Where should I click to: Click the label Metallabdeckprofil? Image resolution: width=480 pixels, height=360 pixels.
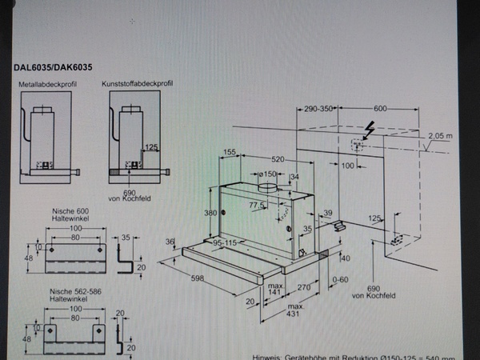46,83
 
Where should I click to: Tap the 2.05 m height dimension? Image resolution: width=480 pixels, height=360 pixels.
440,136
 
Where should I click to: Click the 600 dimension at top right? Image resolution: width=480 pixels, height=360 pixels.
379,109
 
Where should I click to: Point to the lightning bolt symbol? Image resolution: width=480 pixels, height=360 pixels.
370,128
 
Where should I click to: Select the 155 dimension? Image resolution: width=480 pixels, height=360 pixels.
230,152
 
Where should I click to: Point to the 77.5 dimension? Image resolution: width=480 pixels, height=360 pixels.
257,205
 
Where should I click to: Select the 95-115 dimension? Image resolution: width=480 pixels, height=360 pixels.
230,242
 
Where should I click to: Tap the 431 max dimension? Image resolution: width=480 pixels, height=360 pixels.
294,311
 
